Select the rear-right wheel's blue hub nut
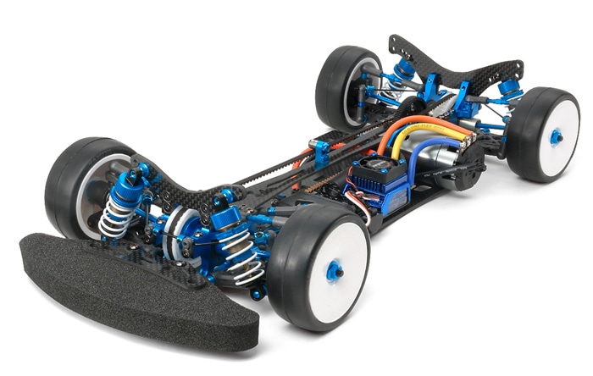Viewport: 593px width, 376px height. pos(556,136)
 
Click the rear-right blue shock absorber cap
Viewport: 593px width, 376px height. pos(507,86)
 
